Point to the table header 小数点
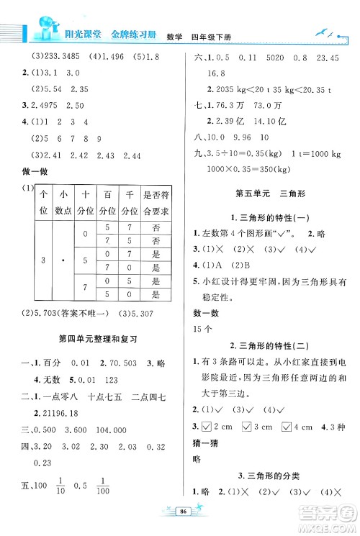(x=65, y=202)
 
